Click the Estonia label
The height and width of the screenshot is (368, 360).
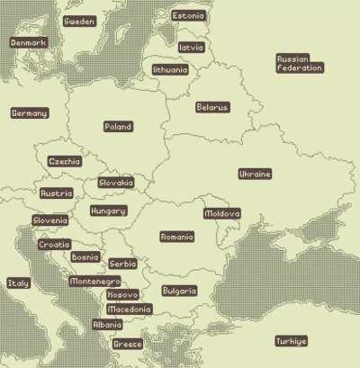point(188,16)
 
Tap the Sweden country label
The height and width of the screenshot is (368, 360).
point(79,22)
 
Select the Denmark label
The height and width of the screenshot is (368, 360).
point(28,42)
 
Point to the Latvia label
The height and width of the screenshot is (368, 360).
point(191,47)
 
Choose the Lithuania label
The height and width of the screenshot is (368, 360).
point(170,69)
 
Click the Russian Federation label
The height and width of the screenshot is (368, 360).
point(299,63)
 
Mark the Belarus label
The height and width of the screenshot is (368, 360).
point(212,107)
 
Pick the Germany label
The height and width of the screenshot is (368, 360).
point(29,113)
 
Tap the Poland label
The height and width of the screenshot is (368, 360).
point(118,127)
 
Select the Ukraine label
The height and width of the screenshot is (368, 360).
point(255,174)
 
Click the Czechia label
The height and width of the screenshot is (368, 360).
point(64,162)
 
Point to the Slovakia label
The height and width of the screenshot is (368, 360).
point(116,183)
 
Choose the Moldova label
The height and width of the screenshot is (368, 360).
point(221,213)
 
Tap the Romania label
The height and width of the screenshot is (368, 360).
point(176,237)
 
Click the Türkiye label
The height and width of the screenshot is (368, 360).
point(291,341)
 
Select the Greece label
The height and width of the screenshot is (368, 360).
point(127,344)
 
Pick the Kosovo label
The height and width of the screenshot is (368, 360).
point(122,294)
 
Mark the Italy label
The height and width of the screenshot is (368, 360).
point(18,283)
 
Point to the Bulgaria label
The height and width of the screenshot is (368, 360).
point(178,291)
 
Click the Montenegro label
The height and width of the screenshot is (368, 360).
point(94,282)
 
